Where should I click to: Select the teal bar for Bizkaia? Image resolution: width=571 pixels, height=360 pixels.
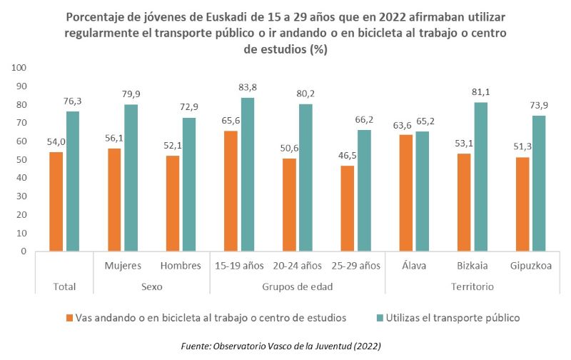click(x=482, y=176)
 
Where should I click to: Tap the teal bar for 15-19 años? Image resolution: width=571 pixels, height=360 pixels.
click(x=248, y=174)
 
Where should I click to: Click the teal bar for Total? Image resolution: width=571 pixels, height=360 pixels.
click(x=72, y=181)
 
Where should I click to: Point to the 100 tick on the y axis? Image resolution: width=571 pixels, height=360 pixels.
click(x=19, y=68)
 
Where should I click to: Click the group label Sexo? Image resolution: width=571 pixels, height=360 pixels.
click(x=151, y=286)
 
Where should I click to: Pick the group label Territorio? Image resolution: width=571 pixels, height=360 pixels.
click(x=473, y=286)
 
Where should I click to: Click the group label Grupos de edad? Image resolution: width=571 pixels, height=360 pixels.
click(x=297, y=286)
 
